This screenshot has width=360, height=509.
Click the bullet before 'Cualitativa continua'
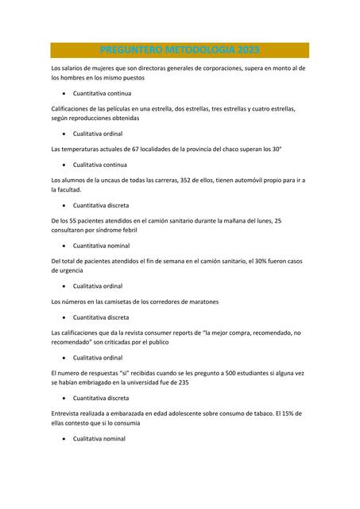pos(64,165)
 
